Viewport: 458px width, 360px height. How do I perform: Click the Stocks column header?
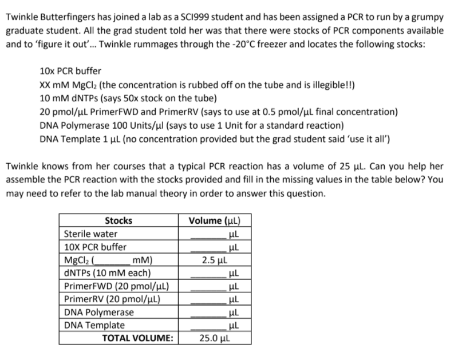[x=119, y=220]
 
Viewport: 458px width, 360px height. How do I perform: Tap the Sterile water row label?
[x=90, y=234]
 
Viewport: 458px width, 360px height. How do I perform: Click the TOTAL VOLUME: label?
[x=137, y=338]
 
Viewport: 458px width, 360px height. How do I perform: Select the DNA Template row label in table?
[x=94, y=325]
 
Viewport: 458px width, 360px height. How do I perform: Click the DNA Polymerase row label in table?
[x=98, y=312]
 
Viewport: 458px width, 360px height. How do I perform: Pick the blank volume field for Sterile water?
[x=207, y=235]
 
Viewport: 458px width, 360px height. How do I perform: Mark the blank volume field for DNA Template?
[x=207, y=326]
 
